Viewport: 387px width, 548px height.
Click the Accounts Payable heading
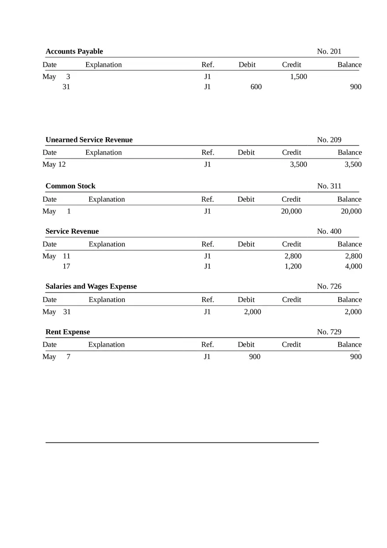pos(74,51)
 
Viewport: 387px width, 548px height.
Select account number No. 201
pos(329,51)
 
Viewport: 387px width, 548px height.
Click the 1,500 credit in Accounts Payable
pos(299,76)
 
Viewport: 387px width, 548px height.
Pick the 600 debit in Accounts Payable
pos(256,87)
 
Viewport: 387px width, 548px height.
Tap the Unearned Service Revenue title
pos(89,140)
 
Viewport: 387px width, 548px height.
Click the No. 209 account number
pos(329,140)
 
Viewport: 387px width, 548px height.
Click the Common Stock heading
pos(70,186)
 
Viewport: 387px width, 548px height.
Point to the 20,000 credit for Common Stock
pos(291,211)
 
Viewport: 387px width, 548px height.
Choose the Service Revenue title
pos(72,231)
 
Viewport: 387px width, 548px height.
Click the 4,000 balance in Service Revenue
pos(354,266)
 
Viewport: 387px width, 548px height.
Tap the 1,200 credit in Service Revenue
pos(293,266)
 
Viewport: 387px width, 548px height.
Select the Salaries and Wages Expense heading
pos(91,287)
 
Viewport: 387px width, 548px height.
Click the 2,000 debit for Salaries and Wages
pos(252,312)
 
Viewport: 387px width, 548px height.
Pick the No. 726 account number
pos(329,287)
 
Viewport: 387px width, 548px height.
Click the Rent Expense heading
pos(68,332)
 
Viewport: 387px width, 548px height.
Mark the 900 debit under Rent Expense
pos(255,357)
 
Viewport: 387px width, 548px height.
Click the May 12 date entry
pos(54,164)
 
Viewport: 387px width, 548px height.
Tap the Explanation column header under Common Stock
pos(106,200)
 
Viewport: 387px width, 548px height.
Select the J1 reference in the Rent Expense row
pos(207,357)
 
